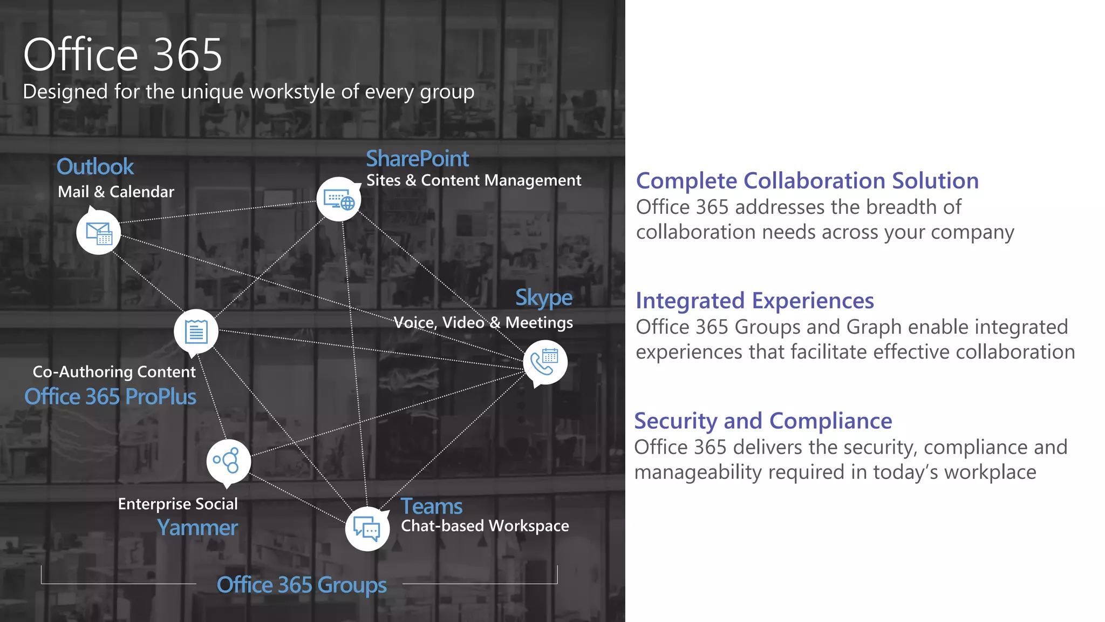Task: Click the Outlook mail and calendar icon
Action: (98, 233)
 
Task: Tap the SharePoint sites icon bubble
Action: (339, 200)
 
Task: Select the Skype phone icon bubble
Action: (545, 362)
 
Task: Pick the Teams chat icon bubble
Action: (367, 529)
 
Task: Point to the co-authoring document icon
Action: (196, 331)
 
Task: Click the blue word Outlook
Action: (95, 167)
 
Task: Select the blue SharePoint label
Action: (417, 159)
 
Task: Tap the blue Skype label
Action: (543, 298)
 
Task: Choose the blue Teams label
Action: (431, 506)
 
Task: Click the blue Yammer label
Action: (197, 528)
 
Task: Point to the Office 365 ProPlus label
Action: (110, 397)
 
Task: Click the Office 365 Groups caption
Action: (302, 585)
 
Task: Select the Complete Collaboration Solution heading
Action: (807, 181)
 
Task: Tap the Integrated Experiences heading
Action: (755, 301)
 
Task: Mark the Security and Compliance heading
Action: (763, 421)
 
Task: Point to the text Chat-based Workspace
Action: (485, 526)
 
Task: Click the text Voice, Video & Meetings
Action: (483, 323)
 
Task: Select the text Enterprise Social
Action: (178, 504)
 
